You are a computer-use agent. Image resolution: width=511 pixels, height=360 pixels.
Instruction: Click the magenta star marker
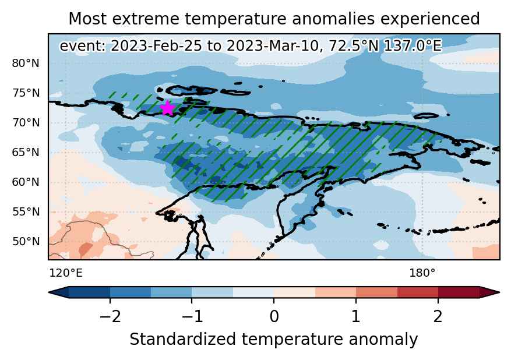pyautogui.click(x=167, y=108)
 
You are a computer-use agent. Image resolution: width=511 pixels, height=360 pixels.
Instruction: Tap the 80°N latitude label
pyautogui.click(x=26, y=63)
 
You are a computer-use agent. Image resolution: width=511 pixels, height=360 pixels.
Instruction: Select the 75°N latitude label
pyautogui.click(x=26, y=93)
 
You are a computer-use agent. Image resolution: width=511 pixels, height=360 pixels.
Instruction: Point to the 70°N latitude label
pyautogui.click(x=26, y=122)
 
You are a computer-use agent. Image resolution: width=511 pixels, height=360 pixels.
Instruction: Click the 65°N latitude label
pyautogui.click(x=26, y=152)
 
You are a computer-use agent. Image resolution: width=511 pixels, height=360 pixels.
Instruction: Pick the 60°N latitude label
pyautogui.click(x=26, y=182)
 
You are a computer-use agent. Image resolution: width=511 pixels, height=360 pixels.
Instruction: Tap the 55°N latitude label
pyautogui.click(x=26, y=212)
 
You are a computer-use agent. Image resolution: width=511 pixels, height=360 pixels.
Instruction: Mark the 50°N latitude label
pyautogui.click(x=26, y=241)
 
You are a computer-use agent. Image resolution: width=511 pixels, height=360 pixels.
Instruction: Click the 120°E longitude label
pyautogui.click(x=66, y=273)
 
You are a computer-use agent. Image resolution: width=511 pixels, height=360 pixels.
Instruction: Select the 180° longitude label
pyautogui.click(x=422, y=273)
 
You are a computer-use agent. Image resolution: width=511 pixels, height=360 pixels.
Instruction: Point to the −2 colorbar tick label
pyautogui.click(x=110, y=316)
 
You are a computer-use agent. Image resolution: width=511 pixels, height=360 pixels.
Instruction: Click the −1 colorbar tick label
pyautogui.click(x=192, y=316)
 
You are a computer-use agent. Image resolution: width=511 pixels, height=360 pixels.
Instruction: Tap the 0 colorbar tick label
pyautogui.click(x=274, y=316)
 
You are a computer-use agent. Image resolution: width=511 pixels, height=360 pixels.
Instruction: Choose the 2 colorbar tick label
pyautogui.click(x=438, y=316)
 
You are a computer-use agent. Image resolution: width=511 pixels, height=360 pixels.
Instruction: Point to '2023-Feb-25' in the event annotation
pyautogui.click(x=156, y=45)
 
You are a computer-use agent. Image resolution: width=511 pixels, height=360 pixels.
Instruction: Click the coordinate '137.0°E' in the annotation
pyautogui.click(x=413, y=45)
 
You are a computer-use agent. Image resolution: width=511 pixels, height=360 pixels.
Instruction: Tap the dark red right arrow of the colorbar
pyautogui.click(x=489, y=292)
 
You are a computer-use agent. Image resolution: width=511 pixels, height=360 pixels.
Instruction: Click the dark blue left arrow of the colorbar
pyautogui.click(x=59, y=292)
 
